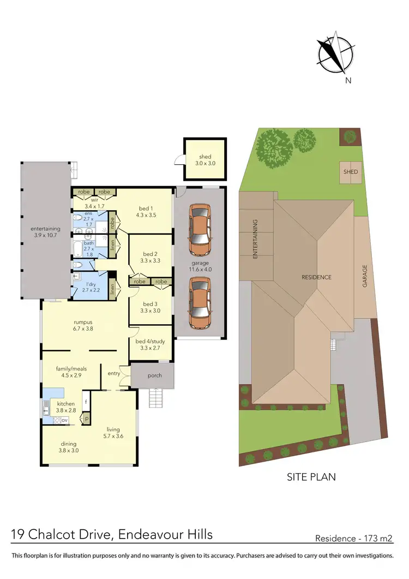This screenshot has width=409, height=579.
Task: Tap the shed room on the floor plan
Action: point(204,160)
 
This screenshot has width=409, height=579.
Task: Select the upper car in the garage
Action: point(200,230)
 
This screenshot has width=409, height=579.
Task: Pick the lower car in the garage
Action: point(200,304)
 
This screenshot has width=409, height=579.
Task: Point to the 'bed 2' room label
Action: point(150,254)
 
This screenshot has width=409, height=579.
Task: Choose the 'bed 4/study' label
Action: point(150,342)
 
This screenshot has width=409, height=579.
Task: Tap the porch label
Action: point(154,376)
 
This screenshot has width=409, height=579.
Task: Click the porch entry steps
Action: point(156,398)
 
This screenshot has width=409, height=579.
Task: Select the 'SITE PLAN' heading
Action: point(311,477)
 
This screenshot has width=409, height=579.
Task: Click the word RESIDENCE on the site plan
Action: point(316,277)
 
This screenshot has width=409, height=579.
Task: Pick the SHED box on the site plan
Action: point(350,171)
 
